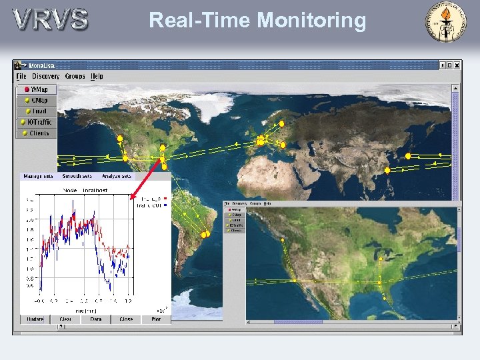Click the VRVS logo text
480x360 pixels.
click(50, 19)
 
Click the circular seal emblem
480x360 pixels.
click(447, 21)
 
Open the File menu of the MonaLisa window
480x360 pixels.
click(21, 77)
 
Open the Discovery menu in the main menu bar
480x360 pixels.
click(45, 77)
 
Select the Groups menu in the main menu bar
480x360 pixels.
click(75, 77)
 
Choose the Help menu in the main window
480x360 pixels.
click(97, 77)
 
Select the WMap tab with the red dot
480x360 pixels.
click(37, 89)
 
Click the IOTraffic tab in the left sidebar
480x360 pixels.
click(37, 122)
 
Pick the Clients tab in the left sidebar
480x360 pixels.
click(37, 133)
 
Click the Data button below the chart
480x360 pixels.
click(96, 319)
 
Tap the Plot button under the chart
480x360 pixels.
click(156, 319)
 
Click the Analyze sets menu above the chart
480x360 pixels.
click(116, 177)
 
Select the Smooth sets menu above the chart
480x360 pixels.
click(77, 177)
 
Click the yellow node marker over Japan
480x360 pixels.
click(408, 156)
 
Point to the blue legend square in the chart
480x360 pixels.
click(165, 205)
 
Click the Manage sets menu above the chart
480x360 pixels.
click(38, 177)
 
